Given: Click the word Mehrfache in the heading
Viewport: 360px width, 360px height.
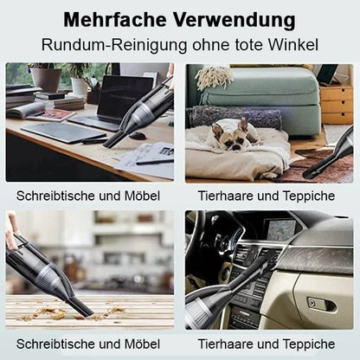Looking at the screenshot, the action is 115,20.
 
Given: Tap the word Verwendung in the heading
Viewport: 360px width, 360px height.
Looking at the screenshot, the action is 235,21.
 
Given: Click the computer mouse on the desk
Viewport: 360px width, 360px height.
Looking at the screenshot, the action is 137,135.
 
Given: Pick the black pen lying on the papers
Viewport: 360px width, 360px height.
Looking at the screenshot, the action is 154,162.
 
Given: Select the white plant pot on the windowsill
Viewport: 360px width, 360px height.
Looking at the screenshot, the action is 79,86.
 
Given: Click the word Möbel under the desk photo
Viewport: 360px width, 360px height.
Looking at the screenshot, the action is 142,196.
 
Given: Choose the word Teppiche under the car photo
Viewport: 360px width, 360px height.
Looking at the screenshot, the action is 309,344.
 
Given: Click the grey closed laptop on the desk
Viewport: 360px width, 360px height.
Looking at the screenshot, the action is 63,132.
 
